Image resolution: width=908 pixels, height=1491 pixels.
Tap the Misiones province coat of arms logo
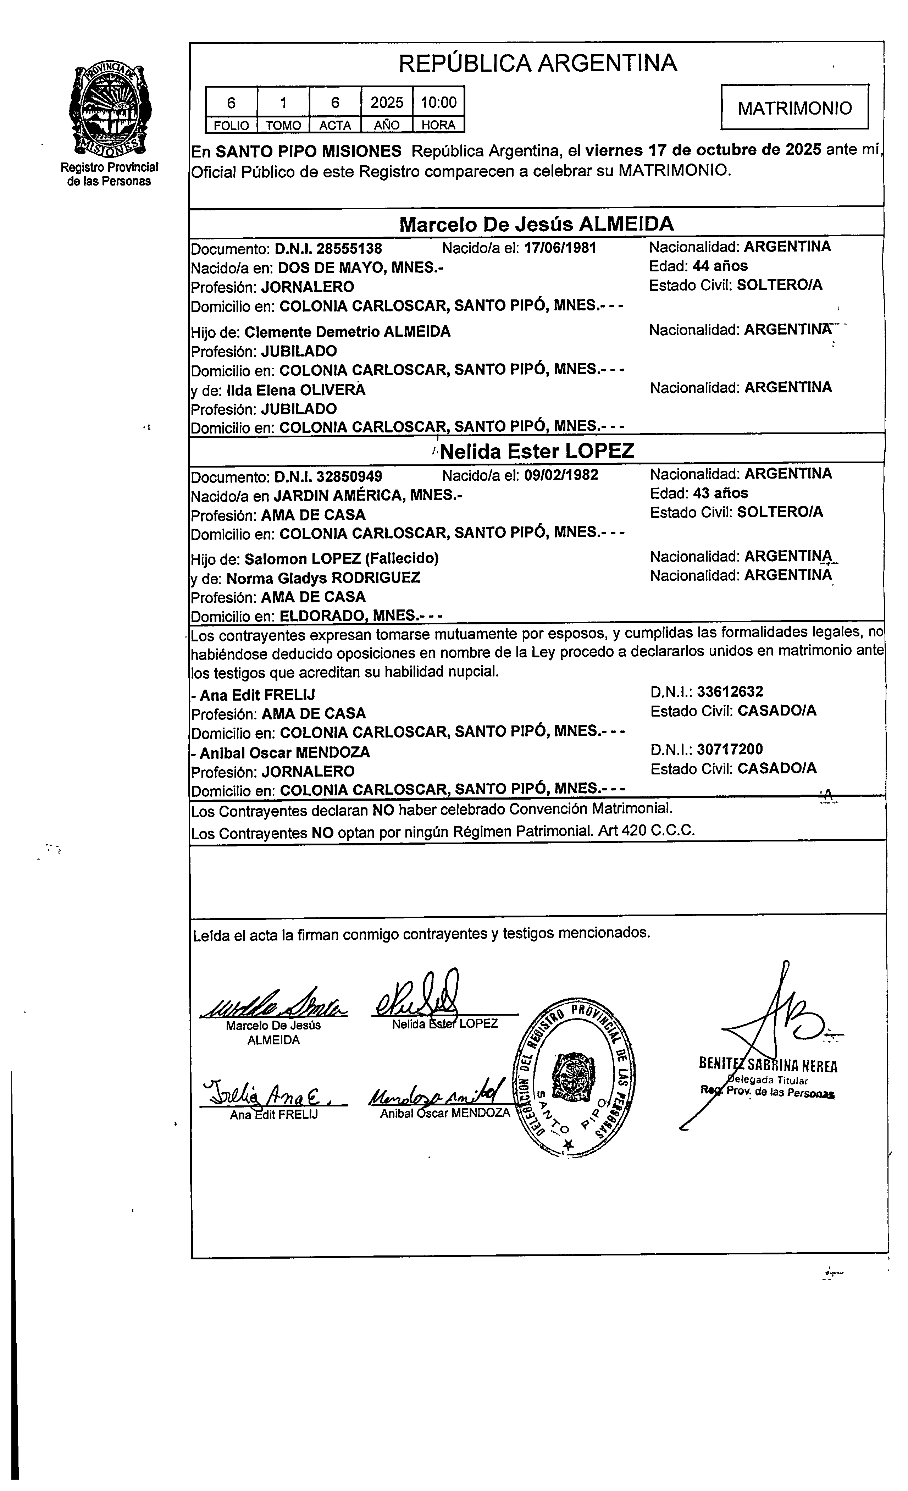point(110,109)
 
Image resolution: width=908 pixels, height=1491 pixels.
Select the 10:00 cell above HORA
point(439,102)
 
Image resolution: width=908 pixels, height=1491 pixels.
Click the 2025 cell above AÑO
point(387,102)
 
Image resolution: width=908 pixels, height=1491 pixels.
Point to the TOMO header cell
point(283,125)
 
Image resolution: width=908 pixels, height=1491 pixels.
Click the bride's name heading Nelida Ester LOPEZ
point(537,451)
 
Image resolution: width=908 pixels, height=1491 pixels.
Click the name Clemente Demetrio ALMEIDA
point(347,332)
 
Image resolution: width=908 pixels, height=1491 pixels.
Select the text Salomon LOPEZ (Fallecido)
point(341,558)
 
